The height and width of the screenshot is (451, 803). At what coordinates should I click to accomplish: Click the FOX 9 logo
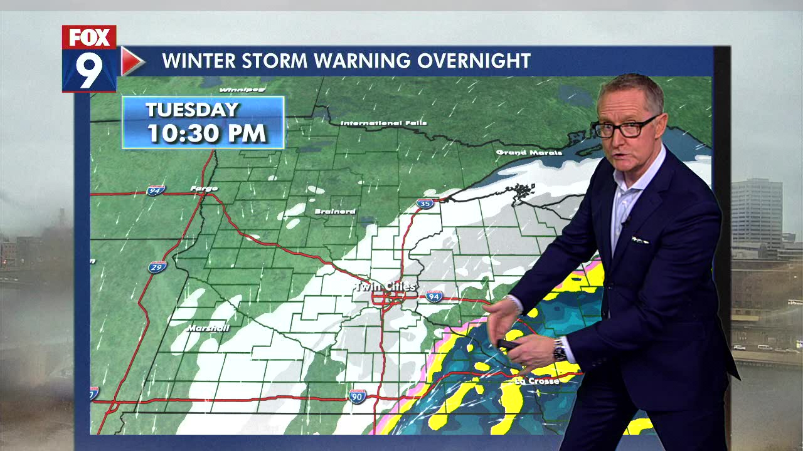point(89,59)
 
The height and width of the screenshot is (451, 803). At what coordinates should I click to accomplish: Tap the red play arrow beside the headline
point(131,61)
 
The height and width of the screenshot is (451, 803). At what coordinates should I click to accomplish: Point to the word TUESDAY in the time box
point(193,110)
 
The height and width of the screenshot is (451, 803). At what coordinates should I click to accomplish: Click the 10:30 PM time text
point(207,133)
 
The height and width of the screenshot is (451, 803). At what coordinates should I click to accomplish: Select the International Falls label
point(383,123)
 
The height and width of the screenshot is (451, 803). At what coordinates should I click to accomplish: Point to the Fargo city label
point(204,189)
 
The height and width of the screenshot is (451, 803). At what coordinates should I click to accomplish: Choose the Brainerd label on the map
point(335,212)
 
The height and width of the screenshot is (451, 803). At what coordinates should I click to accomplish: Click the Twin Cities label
point(385,287)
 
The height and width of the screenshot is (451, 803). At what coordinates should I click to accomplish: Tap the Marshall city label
point(208,328)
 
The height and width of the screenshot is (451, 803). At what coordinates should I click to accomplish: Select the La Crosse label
point(536,381)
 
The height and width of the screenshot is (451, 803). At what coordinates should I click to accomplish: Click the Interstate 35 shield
point(425,203)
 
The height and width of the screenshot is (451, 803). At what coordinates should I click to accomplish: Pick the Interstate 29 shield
point(157,267)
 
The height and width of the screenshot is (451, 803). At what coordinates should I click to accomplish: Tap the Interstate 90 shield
point(357,396)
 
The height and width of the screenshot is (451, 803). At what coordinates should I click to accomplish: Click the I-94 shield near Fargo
point(156,190)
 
